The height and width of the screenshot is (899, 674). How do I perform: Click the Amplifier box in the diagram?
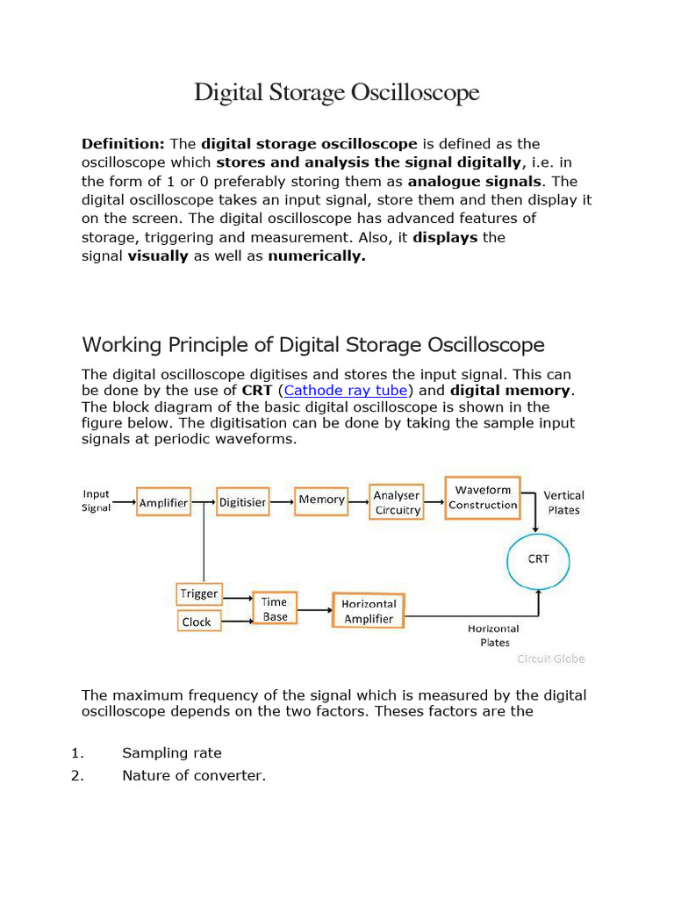pyautogui.click(x=164, y=502)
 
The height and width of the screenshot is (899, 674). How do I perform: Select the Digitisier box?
pyautogui.click(x=242, y=502)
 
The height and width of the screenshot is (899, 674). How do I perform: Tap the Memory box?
pyautogui.click(x=321, y=500)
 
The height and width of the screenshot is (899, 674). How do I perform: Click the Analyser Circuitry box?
pyautogui.click(x=398, y=502)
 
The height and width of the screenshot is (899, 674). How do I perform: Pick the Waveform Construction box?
pyautogui.click(x=483, y=498)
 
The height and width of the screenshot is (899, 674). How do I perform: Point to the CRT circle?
pyautogui.click(x=539, y=558)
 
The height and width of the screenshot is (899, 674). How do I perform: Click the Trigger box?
pyautogui.click(x=199, y=593)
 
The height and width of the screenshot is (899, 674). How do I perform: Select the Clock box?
pyautogui.click(x=197, y=622)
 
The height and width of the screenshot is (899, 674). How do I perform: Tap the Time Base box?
pyautogui.click(x=275, y=608)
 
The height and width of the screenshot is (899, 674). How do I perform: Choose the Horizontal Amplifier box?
pyautogui.click(x=369, y=611)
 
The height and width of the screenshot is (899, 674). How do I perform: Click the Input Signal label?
pyautogui.click(x=96, y=500)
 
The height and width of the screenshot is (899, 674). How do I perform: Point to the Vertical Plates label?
pyautogui.click(x=563, y=502)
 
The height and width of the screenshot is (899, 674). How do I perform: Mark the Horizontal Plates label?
pyautogui.click(x=493, y=635)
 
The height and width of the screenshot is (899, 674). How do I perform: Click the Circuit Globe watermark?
pyautogui.click(x=550, y=658)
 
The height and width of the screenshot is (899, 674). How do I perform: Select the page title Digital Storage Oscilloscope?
pyautogui.click(x=337, y=92)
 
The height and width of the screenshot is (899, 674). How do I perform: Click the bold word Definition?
pyautogui.click(x=123, y=144)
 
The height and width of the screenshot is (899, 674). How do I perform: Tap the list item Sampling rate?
pyautogui.click(x=172, y=752)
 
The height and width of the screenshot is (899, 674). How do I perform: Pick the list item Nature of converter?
pyautogui.click(x=193, y=775)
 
